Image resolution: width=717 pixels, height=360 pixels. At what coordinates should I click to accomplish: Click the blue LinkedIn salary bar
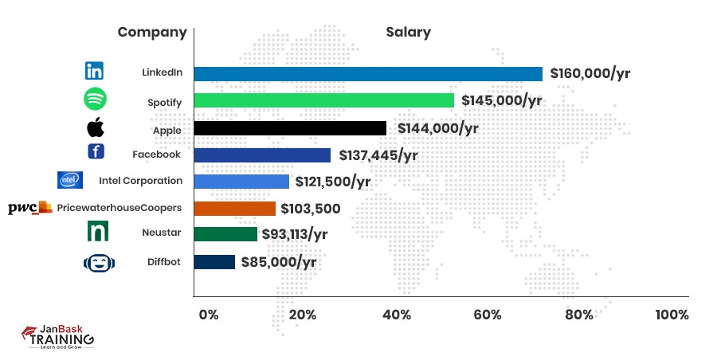(368, 74)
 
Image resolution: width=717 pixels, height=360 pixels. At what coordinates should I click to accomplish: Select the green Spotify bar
(323, 100)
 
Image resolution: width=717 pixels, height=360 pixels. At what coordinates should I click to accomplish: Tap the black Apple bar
(290, 127)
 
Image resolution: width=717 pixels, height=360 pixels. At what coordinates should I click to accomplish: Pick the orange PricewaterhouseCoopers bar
(235, 209)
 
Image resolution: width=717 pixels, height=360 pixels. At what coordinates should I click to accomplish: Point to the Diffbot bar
(214, 262)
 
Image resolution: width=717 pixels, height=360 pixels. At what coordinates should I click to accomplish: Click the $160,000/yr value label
(590, 74)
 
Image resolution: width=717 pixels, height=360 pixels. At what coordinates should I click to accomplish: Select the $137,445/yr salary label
(378, 155)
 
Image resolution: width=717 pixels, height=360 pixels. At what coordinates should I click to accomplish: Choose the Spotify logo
(95, 100)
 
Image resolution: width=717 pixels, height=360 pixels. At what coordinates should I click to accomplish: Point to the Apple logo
(95, 127)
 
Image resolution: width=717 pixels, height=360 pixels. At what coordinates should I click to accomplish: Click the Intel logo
(70, 181)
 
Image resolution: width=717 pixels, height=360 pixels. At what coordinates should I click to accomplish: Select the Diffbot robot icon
(96, 262)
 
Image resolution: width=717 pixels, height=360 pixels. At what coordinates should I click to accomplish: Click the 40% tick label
(397, 315)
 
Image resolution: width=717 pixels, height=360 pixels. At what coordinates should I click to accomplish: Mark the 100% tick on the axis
(671, 315)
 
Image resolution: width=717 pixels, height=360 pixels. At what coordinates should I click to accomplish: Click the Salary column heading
(408, 33)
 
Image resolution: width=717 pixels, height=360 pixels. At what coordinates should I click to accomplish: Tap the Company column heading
(152, 33)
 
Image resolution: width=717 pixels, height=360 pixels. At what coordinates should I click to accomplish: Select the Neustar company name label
(163, 234)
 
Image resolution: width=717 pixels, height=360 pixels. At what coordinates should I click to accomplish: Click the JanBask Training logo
(57, 337)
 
